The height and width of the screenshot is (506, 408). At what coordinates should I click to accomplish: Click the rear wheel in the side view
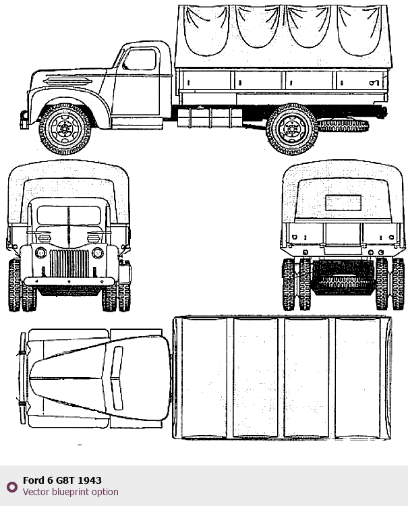[x=291, y=128]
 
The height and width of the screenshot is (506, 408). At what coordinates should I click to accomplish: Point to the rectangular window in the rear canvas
[x=343, y=203]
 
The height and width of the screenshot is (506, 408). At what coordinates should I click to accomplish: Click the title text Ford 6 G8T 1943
[x=62, y=480]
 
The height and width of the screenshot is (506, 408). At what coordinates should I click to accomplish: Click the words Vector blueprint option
[x=70, y=492]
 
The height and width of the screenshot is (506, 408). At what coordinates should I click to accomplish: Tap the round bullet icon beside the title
[x=11, y=486]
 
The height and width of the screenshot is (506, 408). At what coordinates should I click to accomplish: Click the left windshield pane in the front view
[x=53, y=216]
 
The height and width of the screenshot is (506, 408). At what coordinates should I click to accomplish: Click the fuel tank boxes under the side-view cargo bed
[x=209, y=117]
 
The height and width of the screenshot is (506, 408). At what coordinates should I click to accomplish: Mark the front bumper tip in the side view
[x=24, y=117]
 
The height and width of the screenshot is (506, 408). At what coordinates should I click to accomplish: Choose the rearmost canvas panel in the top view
[x=363, y=378]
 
